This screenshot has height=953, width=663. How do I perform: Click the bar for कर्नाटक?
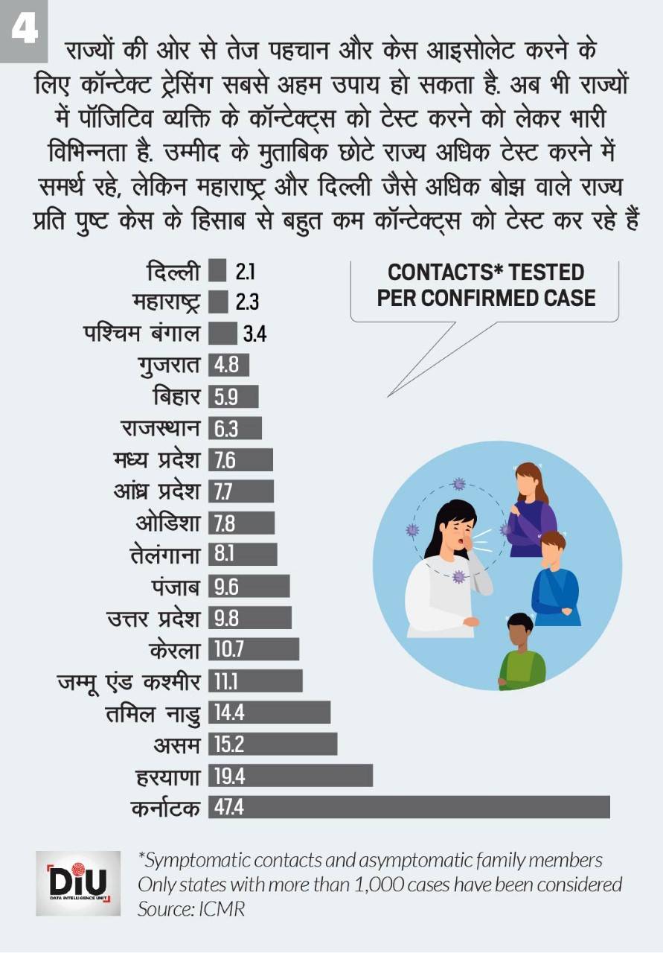(409, 807)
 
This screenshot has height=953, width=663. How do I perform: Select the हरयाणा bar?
(290, 775)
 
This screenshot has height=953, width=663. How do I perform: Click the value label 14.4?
(229, 713)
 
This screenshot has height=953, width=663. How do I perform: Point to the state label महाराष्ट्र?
(166, 302)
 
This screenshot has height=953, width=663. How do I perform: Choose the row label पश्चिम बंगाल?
(141, 334)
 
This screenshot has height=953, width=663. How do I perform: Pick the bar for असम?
(272, 744)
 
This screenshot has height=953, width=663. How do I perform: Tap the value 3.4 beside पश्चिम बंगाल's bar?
(254, 334)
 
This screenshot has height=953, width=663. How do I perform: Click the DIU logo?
(78, 883)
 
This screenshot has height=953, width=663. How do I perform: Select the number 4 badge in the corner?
(24, 29)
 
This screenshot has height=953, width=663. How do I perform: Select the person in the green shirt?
(522, 655)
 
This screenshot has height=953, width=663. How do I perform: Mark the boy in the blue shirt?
(555, 581)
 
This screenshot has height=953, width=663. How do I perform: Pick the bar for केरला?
(254, 649)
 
